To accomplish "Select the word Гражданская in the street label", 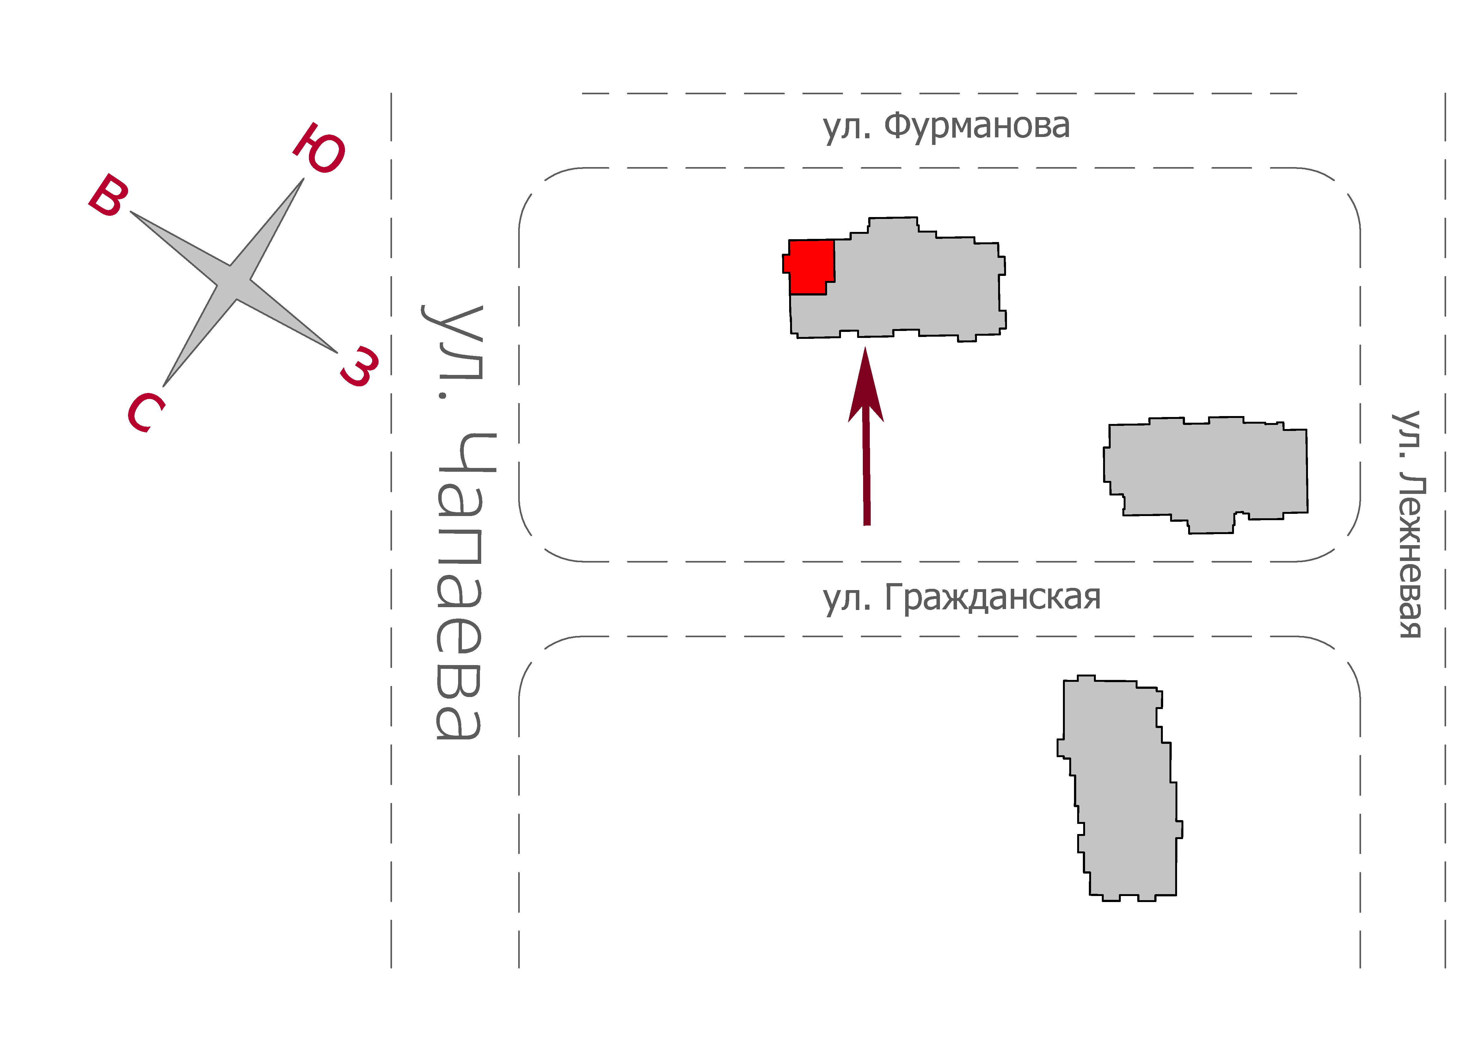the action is click(993, 597).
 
